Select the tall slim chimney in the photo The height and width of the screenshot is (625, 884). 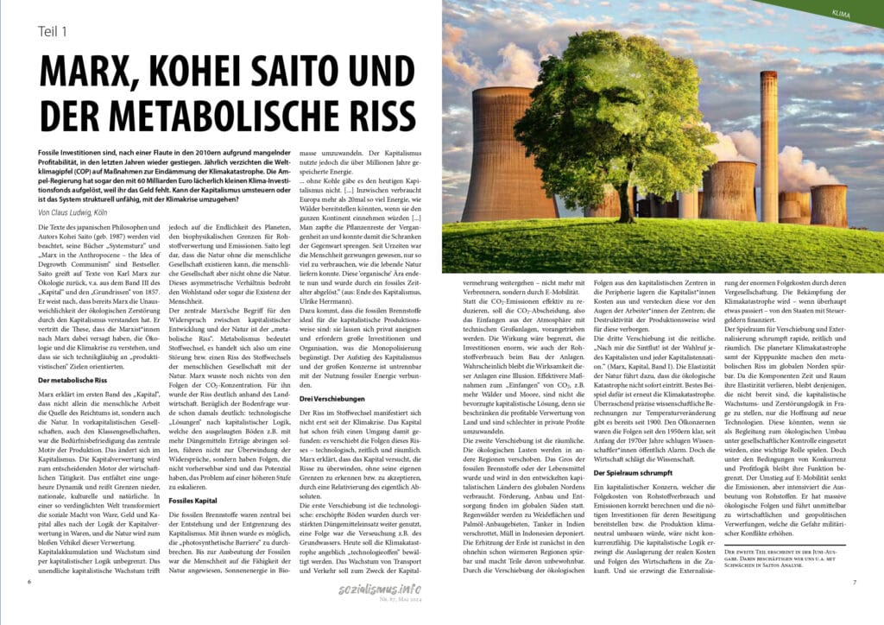[x=767, y=147]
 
